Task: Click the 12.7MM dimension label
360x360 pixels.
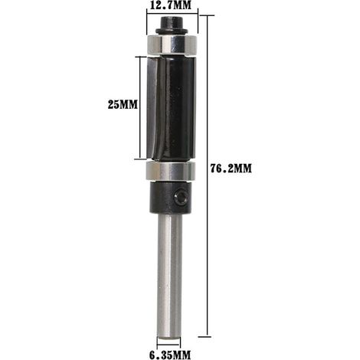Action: click(x=170, y=5)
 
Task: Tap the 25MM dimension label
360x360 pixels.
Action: click(x=123, y=104)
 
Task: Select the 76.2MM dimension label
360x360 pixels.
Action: click(x=231, y=169)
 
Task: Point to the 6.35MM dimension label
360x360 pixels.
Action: click(x=170, y=355)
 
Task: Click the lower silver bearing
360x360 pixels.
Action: click(x=170, y=171)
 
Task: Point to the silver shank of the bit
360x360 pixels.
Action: click(x=169, y=277)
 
